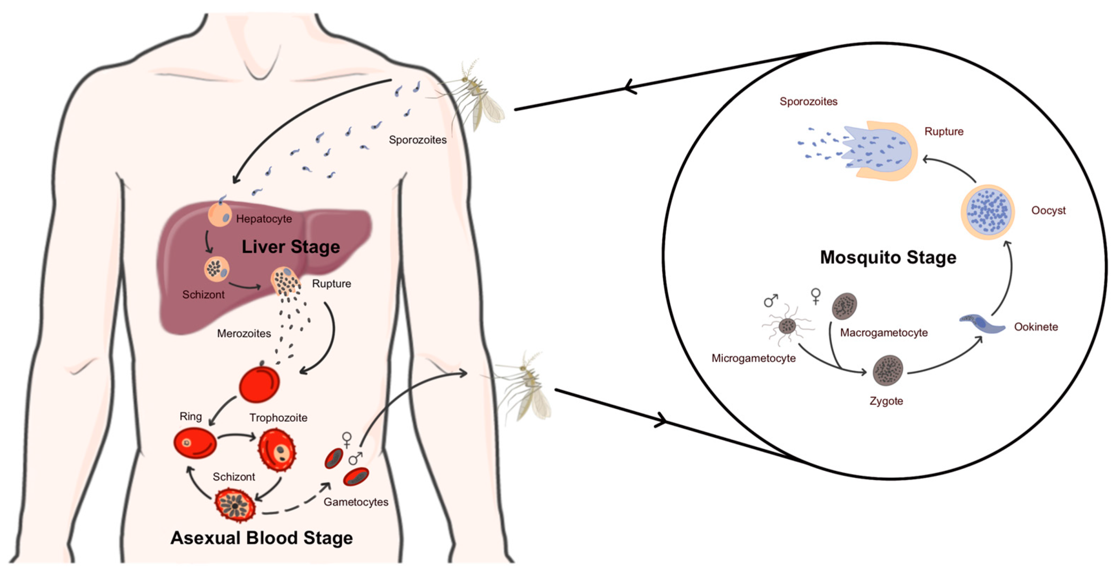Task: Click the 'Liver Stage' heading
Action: point(290,247)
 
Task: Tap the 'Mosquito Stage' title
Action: point(888,257)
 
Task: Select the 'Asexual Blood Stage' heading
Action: point(261,538)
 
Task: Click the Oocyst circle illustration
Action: point(987,212)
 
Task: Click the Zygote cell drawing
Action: point(888,371)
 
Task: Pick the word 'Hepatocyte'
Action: point(264,219)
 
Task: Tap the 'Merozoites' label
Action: point(244,333)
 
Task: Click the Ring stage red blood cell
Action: point(194,443)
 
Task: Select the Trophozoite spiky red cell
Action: point(277,450)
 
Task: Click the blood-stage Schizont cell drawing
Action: point(235,505)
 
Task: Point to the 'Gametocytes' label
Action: point(356,502)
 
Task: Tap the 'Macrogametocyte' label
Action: point(884,332)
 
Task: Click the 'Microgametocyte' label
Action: point(753,358)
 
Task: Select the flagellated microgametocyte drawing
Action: point(787,325)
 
